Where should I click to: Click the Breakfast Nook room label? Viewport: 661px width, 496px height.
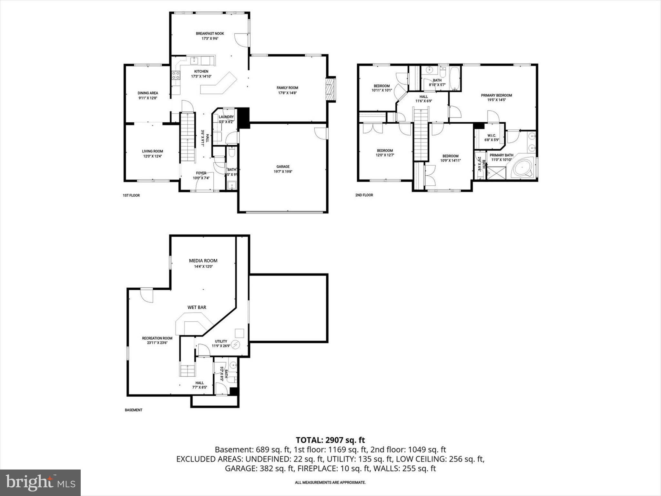coord(210,34)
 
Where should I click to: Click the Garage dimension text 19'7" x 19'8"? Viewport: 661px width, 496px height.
coord(283,172)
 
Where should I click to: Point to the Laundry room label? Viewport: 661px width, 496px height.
coord(226,117)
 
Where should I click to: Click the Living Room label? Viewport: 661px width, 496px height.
coord(152,151)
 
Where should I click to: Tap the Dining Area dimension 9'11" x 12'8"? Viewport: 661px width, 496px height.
coord(148,98)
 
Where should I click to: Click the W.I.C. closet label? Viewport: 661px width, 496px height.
coord(491,136)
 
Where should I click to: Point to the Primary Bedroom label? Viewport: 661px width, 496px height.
coord(496,95)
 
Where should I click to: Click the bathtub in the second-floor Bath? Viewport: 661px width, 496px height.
coord(455,79)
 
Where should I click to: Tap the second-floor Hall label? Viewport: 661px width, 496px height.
coord(423,97)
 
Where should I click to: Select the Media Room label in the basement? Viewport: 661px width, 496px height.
coord(203,261)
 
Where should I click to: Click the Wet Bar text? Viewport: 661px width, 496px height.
coord(197,307)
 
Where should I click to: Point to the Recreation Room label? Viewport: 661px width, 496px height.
coord(157,338)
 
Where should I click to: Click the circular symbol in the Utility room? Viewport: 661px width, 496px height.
coord(236,345)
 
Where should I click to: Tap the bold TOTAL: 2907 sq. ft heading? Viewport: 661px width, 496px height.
coord(330,440)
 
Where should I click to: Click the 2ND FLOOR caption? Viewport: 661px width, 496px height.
coord(364,195)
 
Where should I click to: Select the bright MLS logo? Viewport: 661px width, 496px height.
coord(40,482)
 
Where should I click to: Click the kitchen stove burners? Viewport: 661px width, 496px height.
coord(176,76)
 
